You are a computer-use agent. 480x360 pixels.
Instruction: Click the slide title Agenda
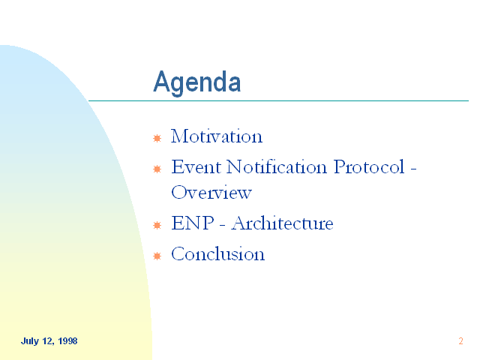pos(196,82)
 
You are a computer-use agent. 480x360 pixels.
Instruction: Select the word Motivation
pos(217,136)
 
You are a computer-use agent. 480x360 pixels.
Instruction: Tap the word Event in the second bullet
pos(196,166)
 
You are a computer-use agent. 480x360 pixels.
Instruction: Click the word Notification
pos(277,166)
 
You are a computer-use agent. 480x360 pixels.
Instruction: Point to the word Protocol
pos(369,166)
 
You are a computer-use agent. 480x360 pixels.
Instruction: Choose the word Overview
pos(211,192)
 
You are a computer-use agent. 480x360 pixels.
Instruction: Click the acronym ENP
pos(193,223)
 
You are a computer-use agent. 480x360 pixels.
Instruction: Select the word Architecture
pos(282,223)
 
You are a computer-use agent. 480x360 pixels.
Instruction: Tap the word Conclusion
pos(217,253)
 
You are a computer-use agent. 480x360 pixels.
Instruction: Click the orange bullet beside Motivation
pos(157,138)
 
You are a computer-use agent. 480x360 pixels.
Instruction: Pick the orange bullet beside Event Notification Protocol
pos(157,169)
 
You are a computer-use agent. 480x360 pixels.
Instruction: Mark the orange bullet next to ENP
pos(157,225)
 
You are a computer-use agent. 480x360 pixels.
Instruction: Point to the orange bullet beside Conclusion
pos(157,256)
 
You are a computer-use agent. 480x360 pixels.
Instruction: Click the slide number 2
pos(460,341)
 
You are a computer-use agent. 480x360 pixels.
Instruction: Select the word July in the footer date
pos(30,341)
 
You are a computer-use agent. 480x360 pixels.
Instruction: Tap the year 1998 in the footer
pos(67,341)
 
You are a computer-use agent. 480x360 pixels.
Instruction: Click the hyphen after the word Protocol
pos(413,169)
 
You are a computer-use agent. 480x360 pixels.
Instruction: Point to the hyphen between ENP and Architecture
pos(222,225)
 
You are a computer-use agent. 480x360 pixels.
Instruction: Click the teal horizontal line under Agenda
pos(278,100)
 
